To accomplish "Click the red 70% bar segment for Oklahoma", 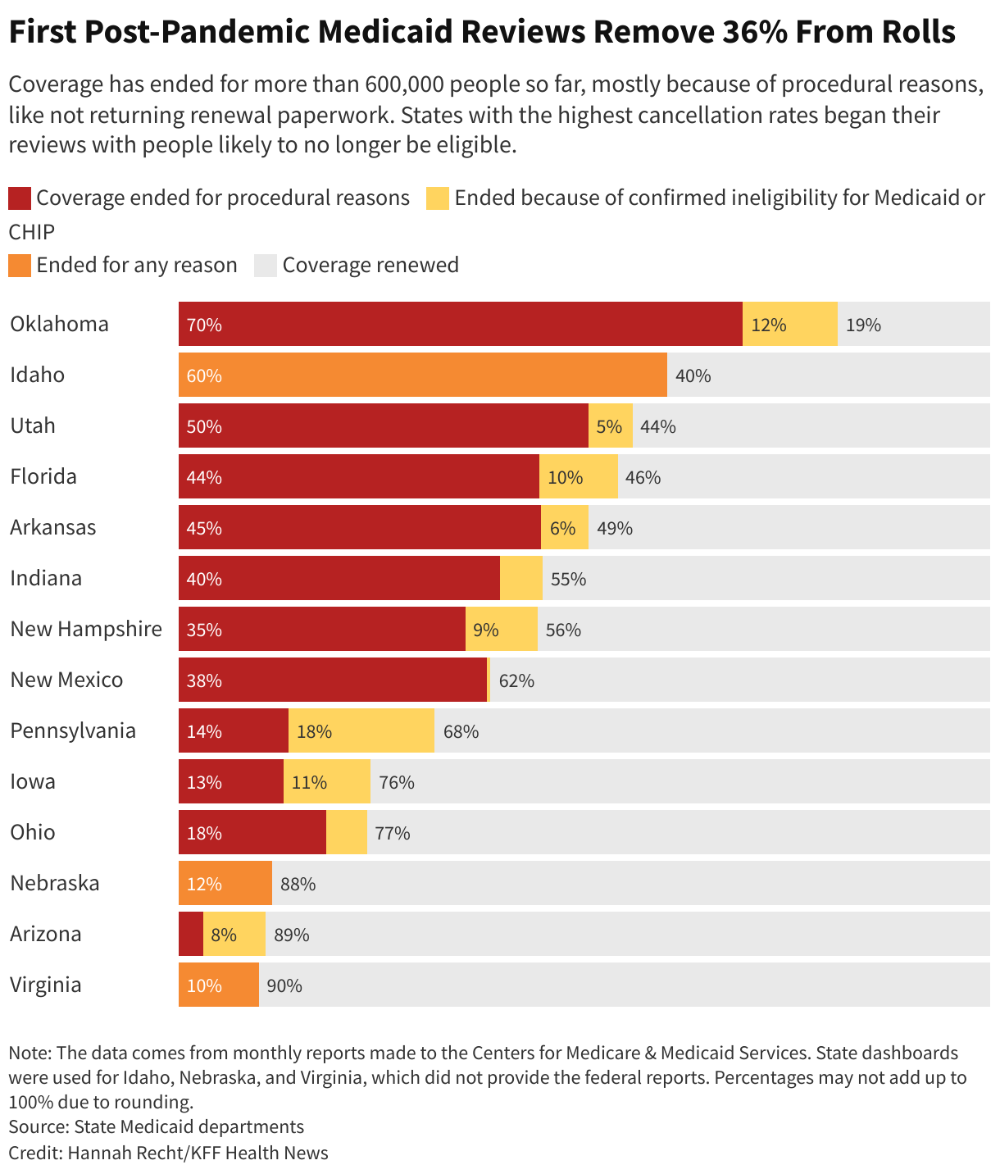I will coord(459,324).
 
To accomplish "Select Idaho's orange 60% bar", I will coord(422,375).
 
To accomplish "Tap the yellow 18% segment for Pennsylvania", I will coord(361,730).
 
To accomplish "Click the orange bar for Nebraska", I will coord(225,883).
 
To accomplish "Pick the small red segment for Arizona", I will coord(190,934).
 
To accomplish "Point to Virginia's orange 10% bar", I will coord(219,985).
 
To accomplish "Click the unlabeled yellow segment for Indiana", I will coord(521,578).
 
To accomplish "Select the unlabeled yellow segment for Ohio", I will coord(347,832).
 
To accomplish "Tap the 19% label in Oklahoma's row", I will coord(863,325).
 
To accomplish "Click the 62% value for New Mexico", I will coord(516,680).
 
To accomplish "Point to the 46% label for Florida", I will coord(643,477).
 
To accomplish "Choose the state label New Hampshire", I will coord(86,629).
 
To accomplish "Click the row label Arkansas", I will coord(53,527).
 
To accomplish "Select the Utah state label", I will coord(33,425).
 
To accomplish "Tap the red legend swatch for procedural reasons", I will coord(20,198).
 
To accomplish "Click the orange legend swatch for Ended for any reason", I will coord(20,265).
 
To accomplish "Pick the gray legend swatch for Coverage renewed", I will coord(266,265).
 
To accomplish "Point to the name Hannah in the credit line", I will coord(98,1153).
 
